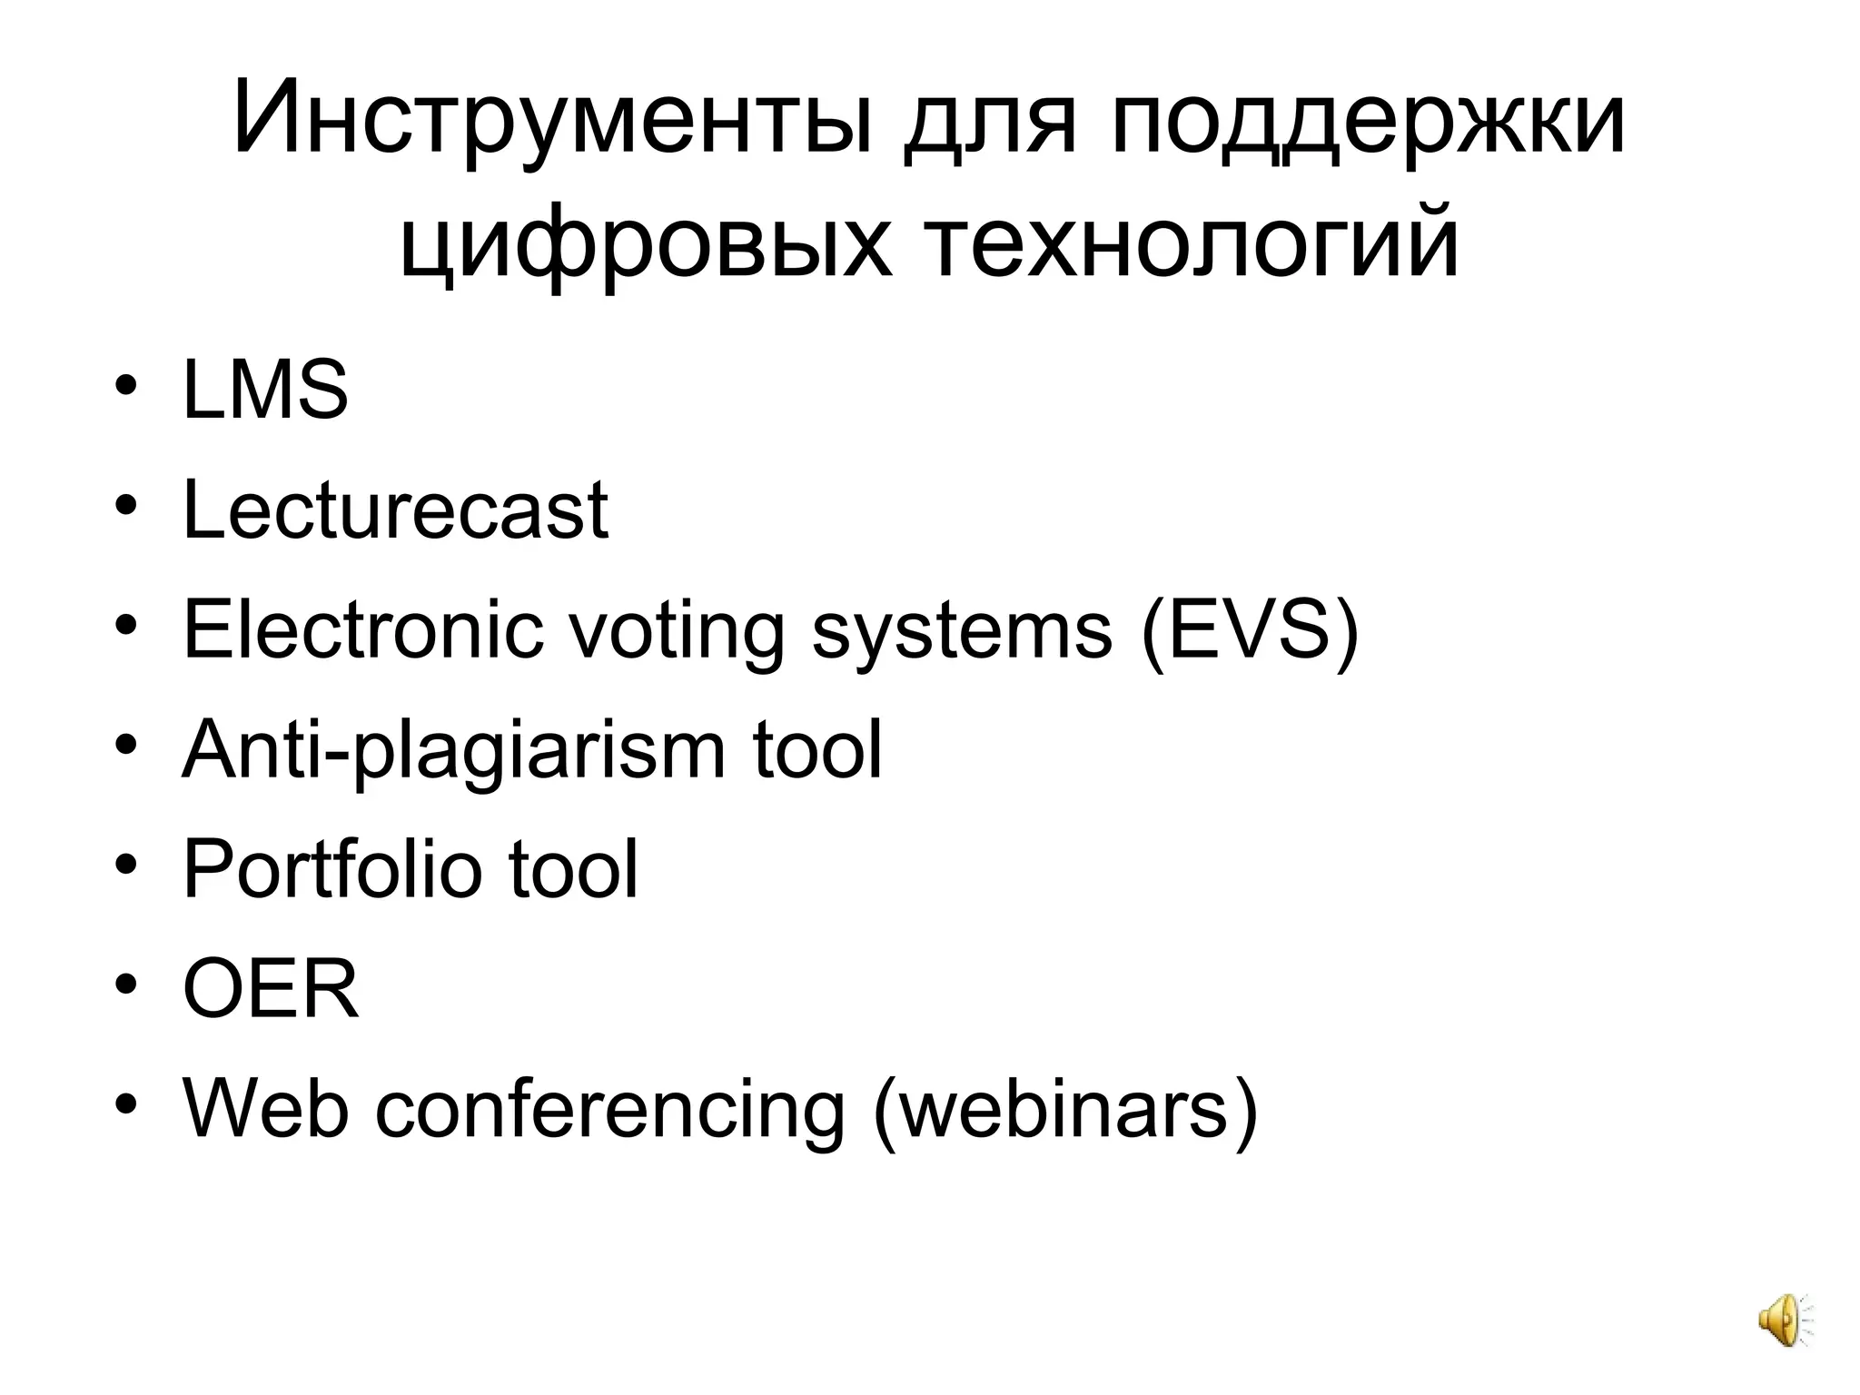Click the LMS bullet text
[x=265, y=391]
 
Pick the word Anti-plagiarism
[x=454, y=750]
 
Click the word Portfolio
[x=331, y=869]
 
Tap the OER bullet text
[x=271, y=989]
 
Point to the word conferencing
[x=609, y=1109]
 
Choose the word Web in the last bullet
[x=265, y=1109]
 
